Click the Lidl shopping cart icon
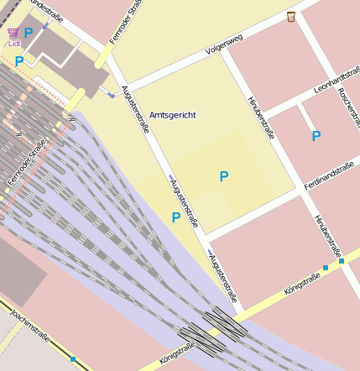coord(13,33)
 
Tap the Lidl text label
coord(14,43)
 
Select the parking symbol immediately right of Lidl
coord(29,33)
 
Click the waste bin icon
coord(291,17)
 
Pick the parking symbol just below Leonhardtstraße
coord(316,135)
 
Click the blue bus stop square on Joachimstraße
coord(73,359)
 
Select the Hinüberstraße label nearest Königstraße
coord(328,234)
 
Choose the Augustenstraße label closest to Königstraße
coord(223,278)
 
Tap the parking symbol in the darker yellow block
coord(223,176)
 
